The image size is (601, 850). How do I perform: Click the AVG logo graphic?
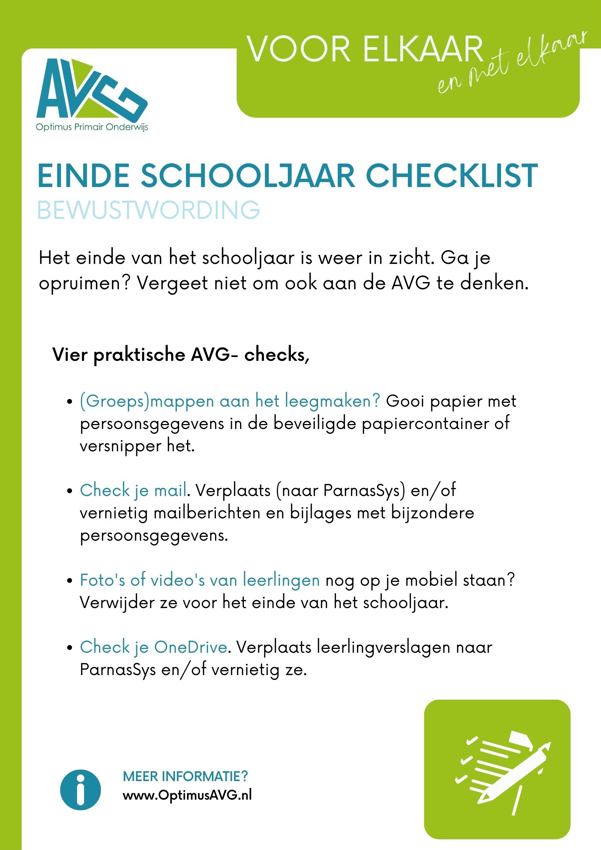(91, 89)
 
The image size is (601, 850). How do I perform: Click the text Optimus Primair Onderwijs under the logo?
(92, 127)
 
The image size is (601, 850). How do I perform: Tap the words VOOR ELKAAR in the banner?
(365, 50)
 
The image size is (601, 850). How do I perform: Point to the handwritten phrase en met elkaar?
(511, 62)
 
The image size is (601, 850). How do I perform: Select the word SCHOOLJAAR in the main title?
(248, 176)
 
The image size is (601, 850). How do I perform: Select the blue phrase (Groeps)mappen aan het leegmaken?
(229, 401)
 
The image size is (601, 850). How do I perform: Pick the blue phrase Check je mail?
(133, 490)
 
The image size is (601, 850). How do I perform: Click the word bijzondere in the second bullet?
(432, 513)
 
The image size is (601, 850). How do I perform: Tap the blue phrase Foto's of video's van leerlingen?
(200, 580)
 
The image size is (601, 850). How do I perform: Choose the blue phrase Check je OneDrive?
(153, 647)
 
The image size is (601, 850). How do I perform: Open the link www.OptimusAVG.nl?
(187, 795)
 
